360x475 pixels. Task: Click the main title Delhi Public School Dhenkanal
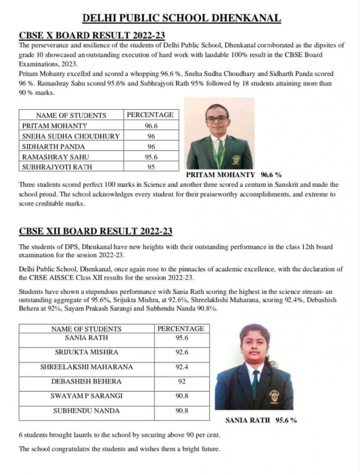tap(182, 18)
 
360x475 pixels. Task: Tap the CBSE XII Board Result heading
tap(95, 232)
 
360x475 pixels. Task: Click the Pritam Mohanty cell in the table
tap(55, 126)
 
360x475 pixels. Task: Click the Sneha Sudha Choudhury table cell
tap(71, 136)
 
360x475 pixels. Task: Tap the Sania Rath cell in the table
tap(86, 338)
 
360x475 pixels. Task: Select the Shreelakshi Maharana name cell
tap(86, 367)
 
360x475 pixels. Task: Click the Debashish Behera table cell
tap(86, 381)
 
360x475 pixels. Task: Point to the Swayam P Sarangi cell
tap(86, 396)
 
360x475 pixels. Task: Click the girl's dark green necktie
tap(255, 383)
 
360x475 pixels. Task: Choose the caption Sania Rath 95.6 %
tap(261, 420)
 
